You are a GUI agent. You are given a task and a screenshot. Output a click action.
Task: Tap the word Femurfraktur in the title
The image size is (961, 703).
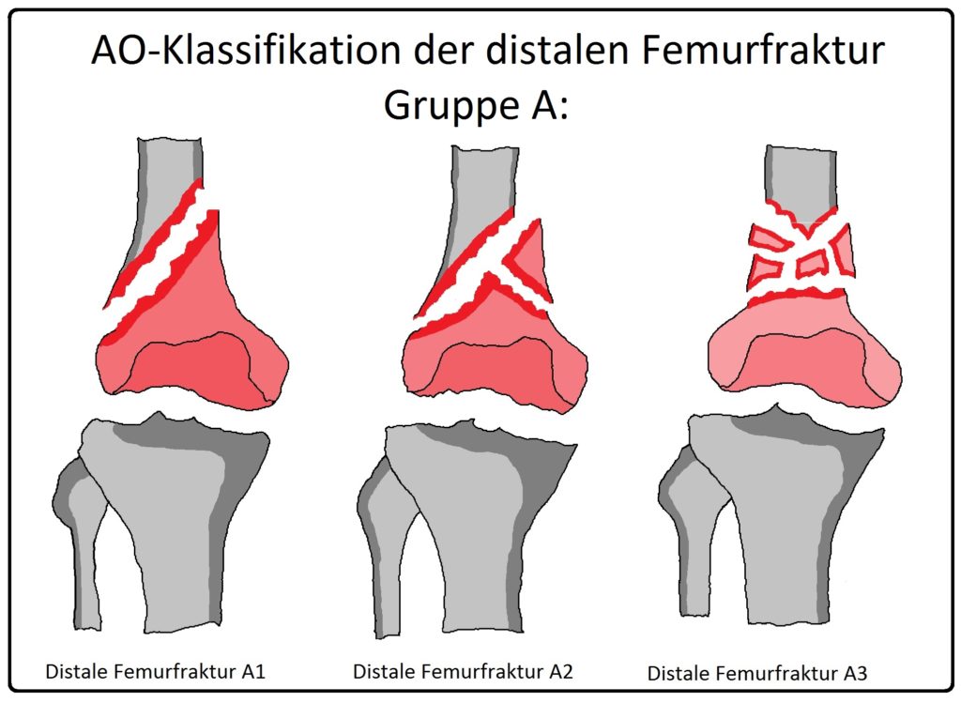tap(758, 50)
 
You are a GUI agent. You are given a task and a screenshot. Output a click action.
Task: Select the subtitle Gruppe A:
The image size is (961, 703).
tap(476, 105)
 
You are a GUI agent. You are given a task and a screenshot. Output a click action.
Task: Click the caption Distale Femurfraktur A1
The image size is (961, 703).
tap(156, 672)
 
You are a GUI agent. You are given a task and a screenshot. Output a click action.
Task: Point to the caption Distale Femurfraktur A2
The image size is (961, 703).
tap(463, 672)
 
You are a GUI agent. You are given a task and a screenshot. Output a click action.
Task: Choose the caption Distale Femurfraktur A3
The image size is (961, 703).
tap(757, 674)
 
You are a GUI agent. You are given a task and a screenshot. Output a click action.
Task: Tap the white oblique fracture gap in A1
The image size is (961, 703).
tap(165, 257)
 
